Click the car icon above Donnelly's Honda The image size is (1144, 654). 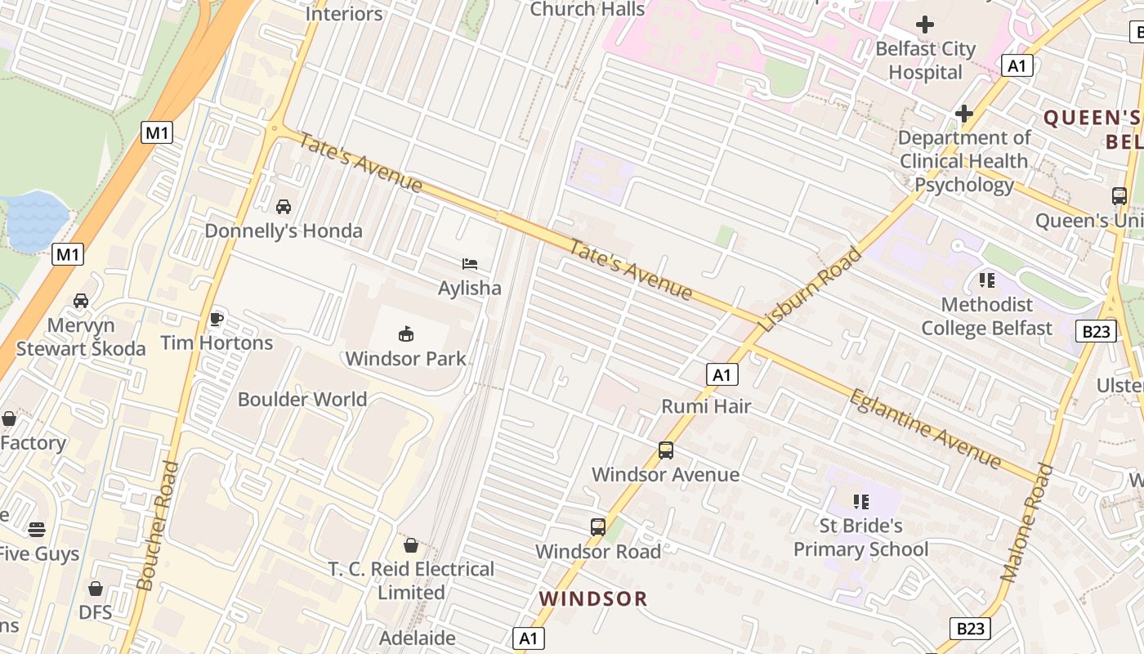click(284, 207)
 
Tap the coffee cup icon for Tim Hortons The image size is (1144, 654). click(217, 318)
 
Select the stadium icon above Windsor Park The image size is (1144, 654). click(406, 334)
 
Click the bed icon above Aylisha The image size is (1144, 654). click(470, 263)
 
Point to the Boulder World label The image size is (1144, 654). click(302, 400)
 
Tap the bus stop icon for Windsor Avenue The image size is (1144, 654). click(666, 450)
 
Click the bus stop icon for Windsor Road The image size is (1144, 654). click(598, 527)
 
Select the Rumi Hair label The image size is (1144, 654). click(706, 406)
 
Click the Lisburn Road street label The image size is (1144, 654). click(810, 289)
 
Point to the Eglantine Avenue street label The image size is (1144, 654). click(925, 429)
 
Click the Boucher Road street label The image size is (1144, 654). click(159, 525)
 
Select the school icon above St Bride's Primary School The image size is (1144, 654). click(860, 501)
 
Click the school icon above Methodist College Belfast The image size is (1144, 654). click(987, 280)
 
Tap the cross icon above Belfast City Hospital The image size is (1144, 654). click(925, 25)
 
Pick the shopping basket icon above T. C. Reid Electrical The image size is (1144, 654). click(411, 544)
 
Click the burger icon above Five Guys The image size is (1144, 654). click(37, 530)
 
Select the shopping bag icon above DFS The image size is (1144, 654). click(96, 589)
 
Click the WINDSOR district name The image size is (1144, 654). click(593, 599)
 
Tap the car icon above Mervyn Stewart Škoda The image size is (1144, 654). click(81, 301)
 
